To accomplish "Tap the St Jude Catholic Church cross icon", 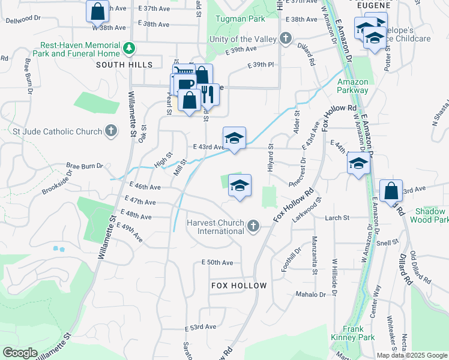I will (x=110, y=131).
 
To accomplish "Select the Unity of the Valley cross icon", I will (x=286, y=39).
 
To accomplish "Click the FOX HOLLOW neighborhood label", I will (x=239, y=286).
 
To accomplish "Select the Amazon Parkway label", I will (x=352, y=86).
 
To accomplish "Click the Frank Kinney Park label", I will (x=352, y=333).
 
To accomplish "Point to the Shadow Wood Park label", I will (x=428, y=215).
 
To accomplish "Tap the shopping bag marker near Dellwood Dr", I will (x=97, y=11).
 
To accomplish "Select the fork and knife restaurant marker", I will (x=207, y=94).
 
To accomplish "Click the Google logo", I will (x=20, y=353).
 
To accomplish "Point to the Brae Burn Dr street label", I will (x=84, y=165).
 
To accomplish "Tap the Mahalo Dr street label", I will (x=310, y=295).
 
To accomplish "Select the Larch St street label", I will (x=337, y=218).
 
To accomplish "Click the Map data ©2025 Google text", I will (x=412, y=355).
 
